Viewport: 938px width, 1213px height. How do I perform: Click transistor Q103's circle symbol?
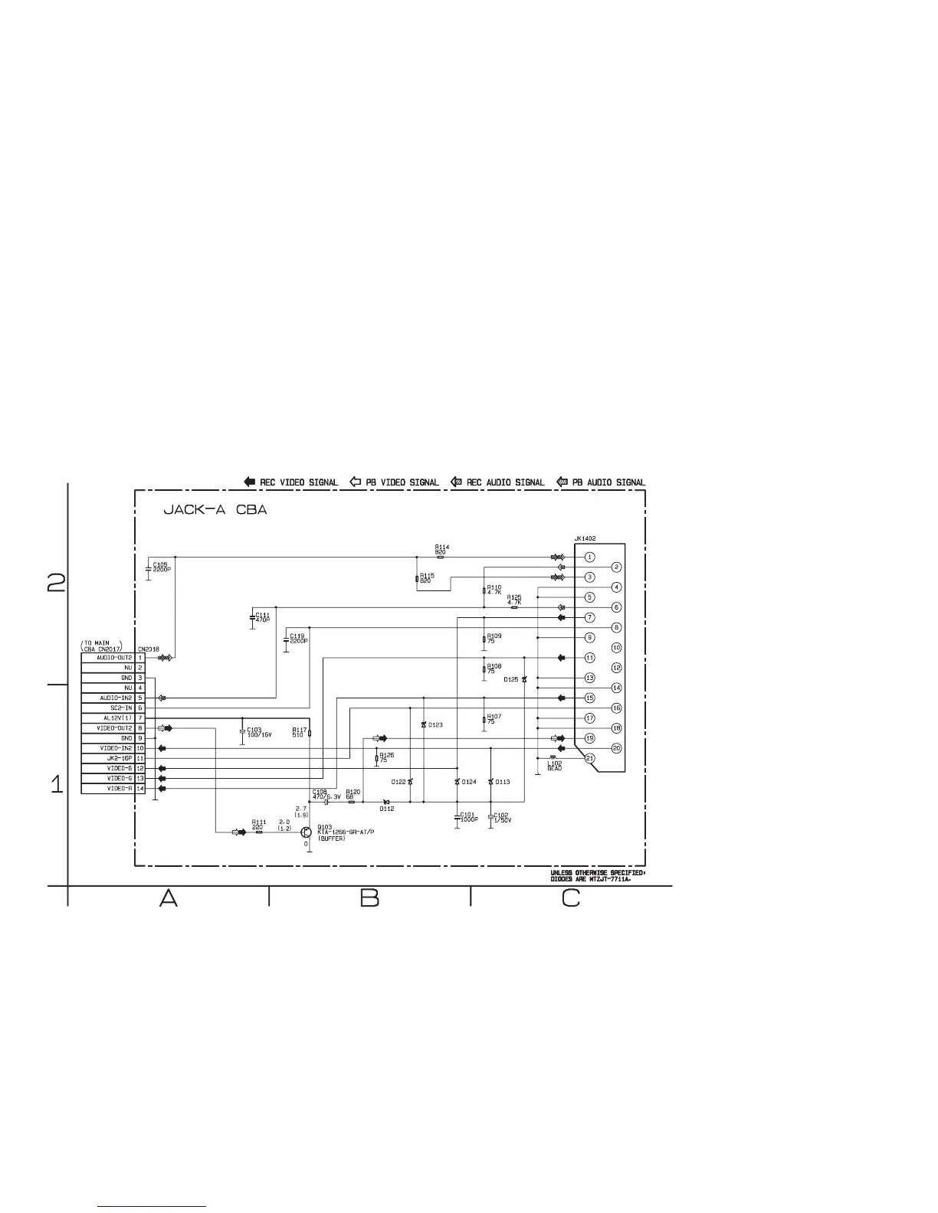pos(307,832)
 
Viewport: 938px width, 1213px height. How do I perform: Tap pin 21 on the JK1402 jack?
pos(590,758)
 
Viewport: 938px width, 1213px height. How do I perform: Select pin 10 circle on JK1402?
pos(616,647)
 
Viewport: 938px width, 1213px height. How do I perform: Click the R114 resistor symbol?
pos(440,557)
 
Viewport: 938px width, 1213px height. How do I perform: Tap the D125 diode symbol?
pos(524,679)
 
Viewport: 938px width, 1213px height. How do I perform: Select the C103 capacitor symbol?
pos(241,732)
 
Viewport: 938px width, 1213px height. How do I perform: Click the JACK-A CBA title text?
pos(215,510)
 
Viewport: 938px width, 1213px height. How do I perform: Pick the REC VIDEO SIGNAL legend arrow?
pos(250,482)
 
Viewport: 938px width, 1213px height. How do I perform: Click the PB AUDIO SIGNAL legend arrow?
pos(562,482)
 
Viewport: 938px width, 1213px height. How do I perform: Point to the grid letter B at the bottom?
pos(369,898)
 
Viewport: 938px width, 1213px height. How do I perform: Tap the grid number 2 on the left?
pos(56,583)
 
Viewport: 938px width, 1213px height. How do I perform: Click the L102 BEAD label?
pos(554,765)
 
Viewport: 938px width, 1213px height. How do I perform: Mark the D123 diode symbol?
pos(424,724)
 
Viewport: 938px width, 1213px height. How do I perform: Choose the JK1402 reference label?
pos(585,538)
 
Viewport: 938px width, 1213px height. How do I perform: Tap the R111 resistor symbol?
pos(258,832)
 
